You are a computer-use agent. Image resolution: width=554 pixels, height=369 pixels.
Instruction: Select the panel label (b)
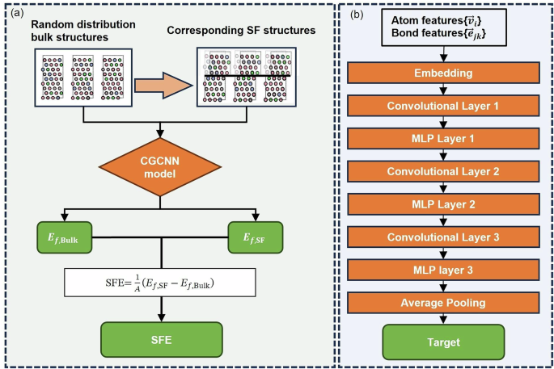pos(353,15)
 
